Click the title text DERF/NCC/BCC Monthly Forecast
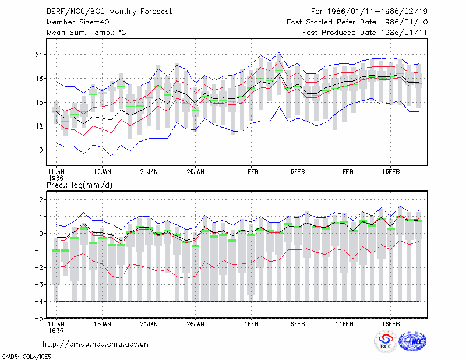coord(109,12)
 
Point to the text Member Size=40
coord(78,22)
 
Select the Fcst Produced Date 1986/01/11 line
coord(365,33)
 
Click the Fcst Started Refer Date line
coord(357,22)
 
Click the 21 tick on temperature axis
coord(39,55)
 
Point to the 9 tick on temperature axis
coord(41,150)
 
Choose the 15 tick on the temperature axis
coord(39,103)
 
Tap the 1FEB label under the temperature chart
coord(252,172)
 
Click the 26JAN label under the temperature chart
coord(196,172)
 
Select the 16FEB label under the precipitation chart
coord(391,324)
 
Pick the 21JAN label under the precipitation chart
coord(149,324)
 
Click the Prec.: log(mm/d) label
coord(79,185)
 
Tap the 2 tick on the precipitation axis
coord(41,199)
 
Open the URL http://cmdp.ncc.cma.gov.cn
coord(96,344)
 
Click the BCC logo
coord(386,341)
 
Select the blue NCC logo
coord(412,341)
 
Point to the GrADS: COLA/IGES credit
coord(26,357)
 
